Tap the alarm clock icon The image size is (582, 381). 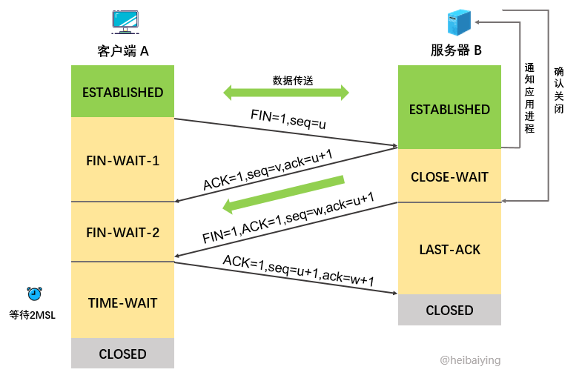click(34, 294)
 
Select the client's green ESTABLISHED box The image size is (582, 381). click(122, 92)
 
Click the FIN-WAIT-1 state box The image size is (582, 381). click(122, 159)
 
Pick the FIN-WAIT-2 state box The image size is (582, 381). click(122, 231)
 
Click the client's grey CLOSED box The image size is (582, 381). click(122, 354)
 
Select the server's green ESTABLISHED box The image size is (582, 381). click(449, 108)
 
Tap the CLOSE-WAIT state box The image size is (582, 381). click(449, 176)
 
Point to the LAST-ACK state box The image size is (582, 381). click(449, 249)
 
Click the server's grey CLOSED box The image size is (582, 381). click(449, 310)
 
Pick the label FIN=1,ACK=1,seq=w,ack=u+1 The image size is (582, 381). click(288, 218)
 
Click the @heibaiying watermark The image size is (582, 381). click(470, 360)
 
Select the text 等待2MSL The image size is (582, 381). click(33, 314)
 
